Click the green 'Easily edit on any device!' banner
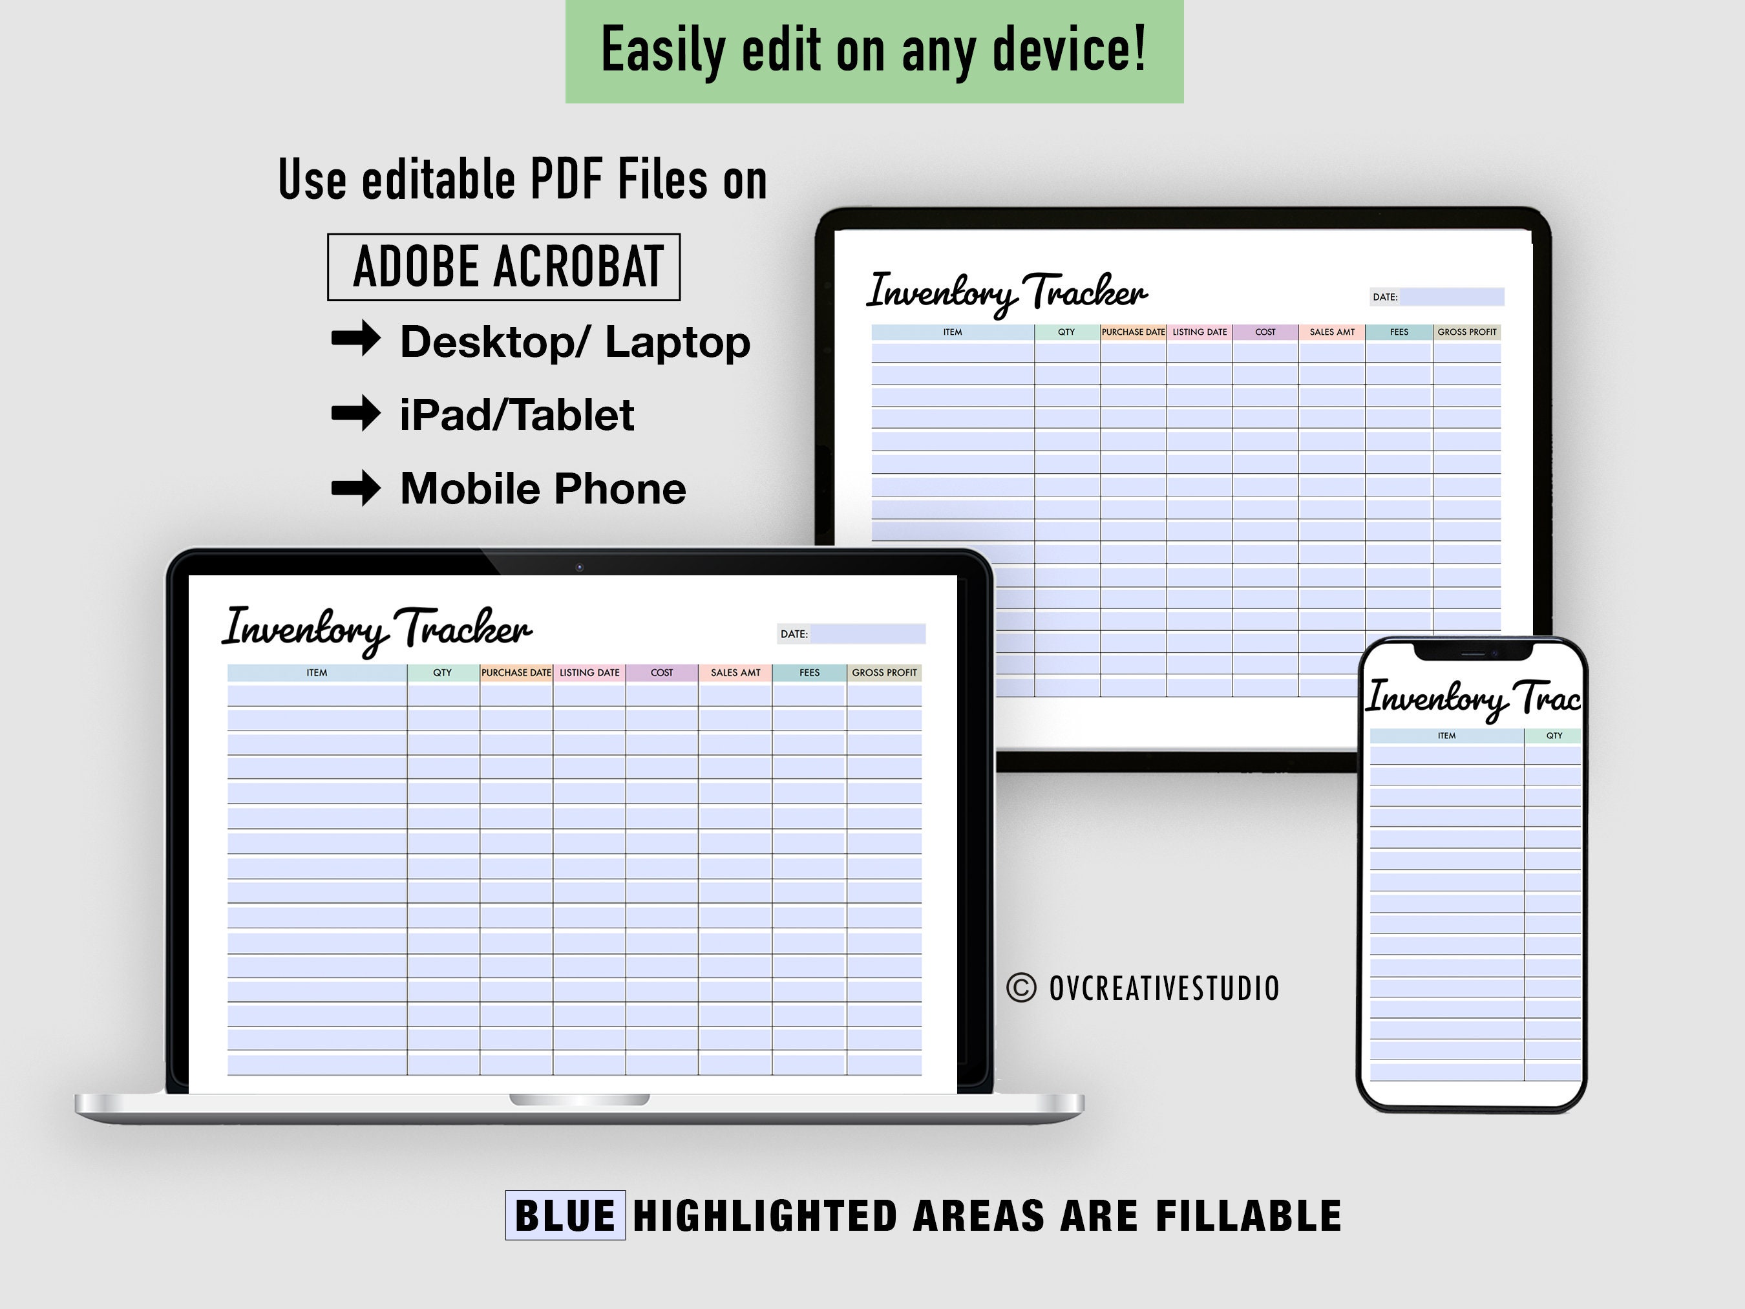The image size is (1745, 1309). click(x=874, y=50)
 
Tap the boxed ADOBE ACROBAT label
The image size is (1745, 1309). click(x=504, y=267)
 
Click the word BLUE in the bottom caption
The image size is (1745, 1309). click(x=565, y=1215)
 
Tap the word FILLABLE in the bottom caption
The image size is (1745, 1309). click(x=1249, y=1215)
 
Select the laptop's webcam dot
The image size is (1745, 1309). click(x=579, y=568)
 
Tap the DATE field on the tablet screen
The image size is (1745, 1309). click(x=1452, y=297)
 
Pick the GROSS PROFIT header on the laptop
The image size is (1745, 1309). click(x=884, y=673)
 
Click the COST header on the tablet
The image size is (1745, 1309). click(x=1265, y=332)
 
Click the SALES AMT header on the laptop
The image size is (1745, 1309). click(x=735, y=673)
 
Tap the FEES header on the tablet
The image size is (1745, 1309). click(x=1399, y=332)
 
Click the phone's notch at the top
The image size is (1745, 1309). click(x=1473, y=652)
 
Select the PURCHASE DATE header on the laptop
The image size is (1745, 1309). click(x=516, y=673)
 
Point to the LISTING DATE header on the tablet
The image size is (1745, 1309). click(x=1199, y=332)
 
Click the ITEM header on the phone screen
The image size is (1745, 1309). click(x=1447, y=736)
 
